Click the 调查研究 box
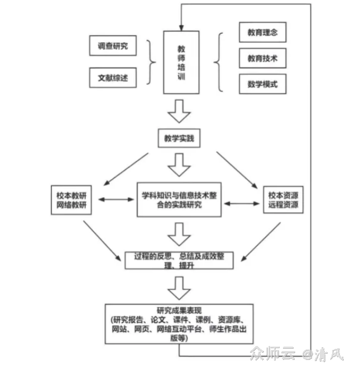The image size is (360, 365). click(112, 46)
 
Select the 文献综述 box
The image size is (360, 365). click(112, 77)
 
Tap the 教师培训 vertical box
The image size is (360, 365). click(181, 62)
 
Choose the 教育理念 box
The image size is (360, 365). click(262, 32)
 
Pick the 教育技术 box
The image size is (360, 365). click(262, 58)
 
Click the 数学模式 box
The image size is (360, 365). click(262, 85)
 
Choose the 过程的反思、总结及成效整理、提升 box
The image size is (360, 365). click(179, 260)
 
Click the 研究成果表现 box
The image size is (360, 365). click(179, 324)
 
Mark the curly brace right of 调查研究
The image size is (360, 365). click(151, 61)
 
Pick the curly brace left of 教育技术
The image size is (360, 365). click(220, 61)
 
